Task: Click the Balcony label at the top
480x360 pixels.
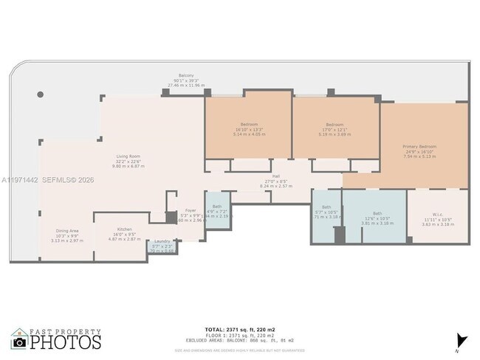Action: tap(185, 76)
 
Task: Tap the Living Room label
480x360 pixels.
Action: tap(128, 157)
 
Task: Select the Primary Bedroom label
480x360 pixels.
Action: tap(419, 147)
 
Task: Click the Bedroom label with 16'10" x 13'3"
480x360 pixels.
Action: tap(248, 124)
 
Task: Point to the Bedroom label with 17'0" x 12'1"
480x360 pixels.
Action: tap(335, 124)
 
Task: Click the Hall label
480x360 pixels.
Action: tap(276, 177)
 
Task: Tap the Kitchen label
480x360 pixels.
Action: tap(119, 230)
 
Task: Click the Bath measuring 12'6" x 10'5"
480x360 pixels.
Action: tap(377, 213)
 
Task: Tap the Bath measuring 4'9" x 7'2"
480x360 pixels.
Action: tap(216, 207)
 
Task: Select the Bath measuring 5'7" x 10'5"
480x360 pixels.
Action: tap(326, 207)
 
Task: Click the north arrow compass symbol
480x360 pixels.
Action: tap(462, 340)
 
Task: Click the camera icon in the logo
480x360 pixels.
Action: tap(19, 342)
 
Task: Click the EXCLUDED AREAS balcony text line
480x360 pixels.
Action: tap(239, 340)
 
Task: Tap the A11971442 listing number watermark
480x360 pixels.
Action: tap(24, 179)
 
